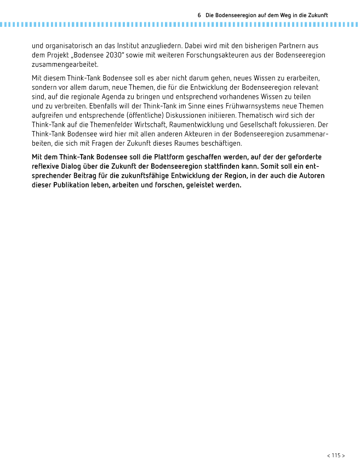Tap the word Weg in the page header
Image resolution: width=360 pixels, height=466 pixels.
[x=273, y=15]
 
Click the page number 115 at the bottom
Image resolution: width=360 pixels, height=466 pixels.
[x=336, y=455]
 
